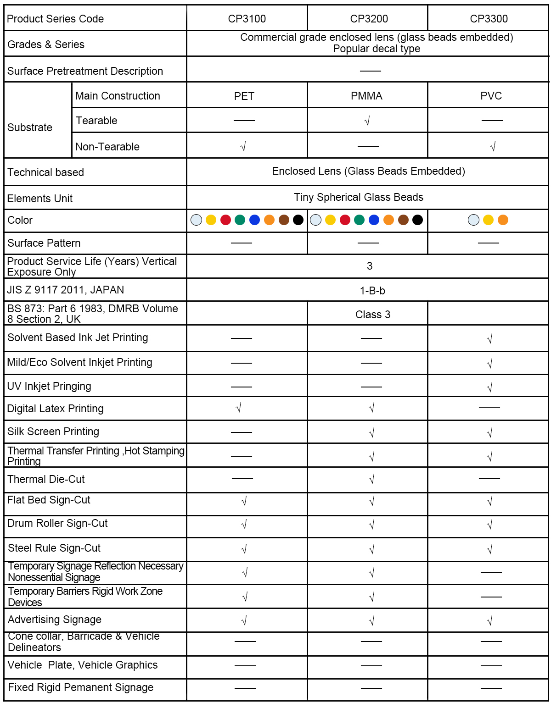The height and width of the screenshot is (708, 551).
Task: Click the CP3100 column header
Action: point(247,19)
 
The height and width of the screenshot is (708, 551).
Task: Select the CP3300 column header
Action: point(489,19)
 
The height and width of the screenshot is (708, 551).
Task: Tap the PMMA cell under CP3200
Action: point(366,96)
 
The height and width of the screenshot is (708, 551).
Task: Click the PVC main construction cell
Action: point(491,96)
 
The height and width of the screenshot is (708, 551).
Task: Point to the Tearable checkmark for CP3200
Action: point(367,121)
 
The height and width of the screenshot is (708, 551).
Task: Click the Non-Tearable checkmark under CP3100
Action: point(243,147)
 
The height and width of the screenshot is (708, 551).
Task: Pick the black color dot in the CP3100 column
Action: point(298,220)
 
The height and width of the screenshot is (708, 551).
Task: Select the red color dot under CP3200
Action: point(345,220)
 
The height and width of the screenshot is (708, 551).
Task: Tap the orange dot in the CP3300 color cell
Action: point(503,220)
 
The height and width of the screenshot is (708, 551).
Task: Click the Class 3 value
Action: point(372,315)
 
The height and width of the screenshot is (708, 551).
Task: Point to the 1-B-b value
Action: point(372,291)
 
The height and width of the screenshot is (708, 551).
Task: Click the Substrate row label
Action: point(30,127)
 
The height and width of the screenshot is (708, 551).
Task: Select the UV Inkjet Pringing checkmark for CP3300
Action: point(489,387)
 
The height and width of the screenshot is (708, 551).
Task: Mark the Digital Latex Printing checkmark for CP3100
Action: point(238,408)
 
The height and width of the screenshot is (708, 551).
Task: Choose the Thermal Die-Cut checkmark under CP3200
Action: point(371,479)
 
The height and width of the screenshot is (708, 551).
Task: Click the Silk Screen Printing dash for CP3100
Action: point(241,432)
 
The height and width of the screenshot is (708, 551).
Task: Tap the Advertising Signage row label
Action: point(55,619)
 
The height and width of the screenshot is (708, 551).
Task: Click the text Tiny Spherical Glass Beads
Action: point(358,197)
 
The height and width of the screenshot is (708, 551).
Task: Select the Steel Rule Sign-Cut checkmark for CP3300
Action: point(489,549)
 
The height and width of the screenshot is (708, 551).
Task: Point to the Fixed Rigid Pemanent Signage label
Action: point(81,687)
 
